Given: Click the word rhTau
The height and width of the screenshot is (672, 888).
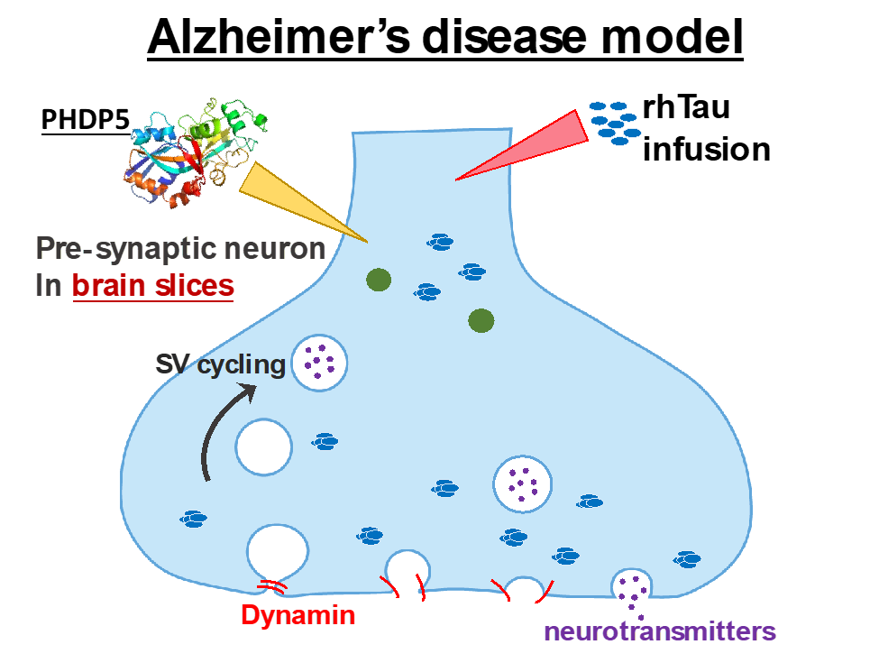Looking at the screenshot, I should [x=686, y=109].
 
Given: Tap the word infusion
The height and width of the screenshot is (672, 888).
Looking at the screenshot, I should [x=705, y=148].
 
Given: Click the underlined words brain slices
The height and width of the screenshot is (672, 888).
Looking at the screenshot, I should [x=152, y=286].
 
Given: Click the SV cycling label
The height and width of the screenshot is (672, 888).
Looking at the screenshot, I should [x=220, y=364].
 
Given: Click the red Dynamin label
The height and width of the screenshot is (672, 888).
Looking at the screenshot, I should [x=298, y=616].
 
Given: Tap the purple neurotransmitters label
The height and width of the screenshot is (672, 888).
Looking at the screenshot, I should [x=660, y=631].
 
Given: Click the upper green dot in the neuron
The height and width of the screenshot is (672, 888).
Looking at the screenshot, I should [x=378, y=281].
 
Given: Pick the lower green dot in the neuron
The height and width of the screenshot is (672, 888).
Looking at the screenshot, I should [x=481, y=319].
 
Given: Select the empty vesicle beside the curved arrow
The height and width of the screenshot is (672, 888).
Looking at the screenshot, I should [x=263, y=446].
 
